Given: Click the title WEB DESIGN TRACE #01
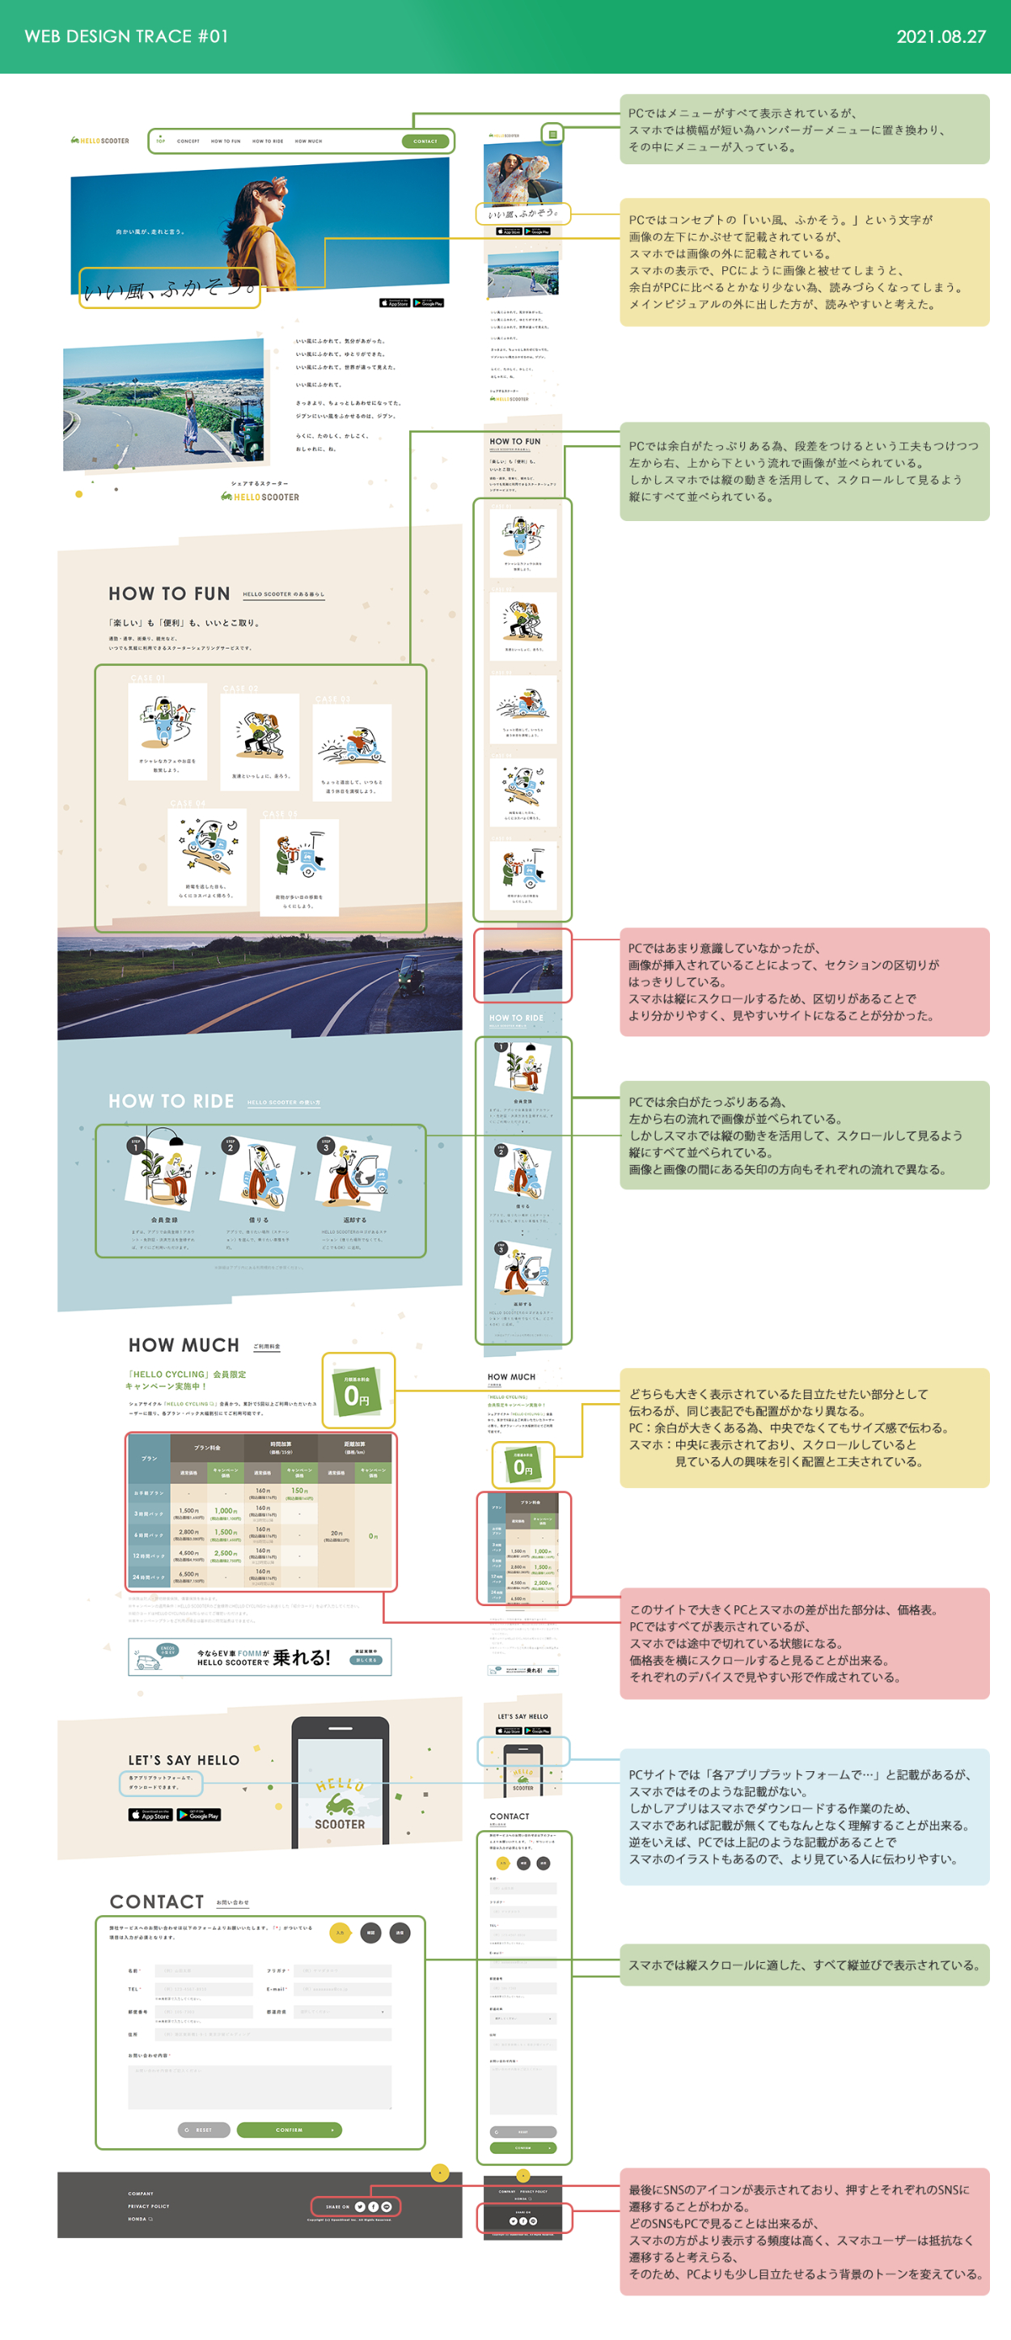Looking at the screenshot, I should point(126,36).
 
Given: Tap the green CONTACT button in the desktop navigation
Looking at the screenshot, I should point(425,142).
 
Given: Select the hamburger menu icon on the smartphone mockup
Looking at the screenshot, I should point(552,134).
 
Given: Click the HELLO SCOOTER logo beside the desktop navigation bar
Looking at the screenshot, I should point(100,141).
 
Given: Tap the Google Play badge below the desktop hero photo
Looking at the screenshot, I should point(429,303).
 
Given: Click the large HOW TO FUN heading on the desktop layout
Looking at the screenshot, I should point(169,594).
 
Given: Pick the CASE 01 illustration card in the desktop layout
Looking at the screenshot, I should point(167,731).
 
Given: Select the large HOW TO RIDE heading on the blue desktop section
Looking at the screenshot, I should point(171,1101).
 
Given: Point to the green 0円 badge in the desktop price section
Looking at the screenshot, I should point(357,1391).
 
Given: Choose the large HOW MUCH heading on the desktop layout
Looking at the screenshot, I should point(184,1346).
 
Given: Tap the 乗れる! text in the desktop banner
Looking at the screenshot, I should point(302,1658).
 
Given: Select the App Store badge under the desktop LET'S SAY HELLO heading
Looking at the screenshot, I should point(150,1815).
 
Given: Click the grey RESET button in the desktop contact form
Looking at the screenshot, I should point(204,2130).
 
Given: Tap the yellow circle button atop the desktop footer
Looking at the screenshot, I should point(440,2172).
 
